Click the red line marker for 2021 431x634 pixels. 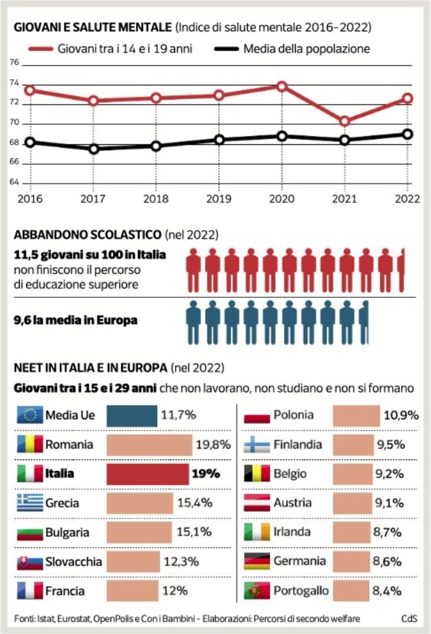345,121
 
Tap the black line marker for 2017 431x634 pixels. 94,149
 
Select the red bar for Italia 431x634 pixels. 147,475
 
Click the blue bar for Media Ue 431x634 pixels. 132,415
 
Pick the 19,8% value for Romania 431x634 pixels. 213,445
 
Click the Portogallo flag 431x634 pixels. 257,591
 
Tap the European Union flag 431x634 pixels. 28,415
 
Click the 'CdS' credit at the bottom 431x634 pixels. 409,617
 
